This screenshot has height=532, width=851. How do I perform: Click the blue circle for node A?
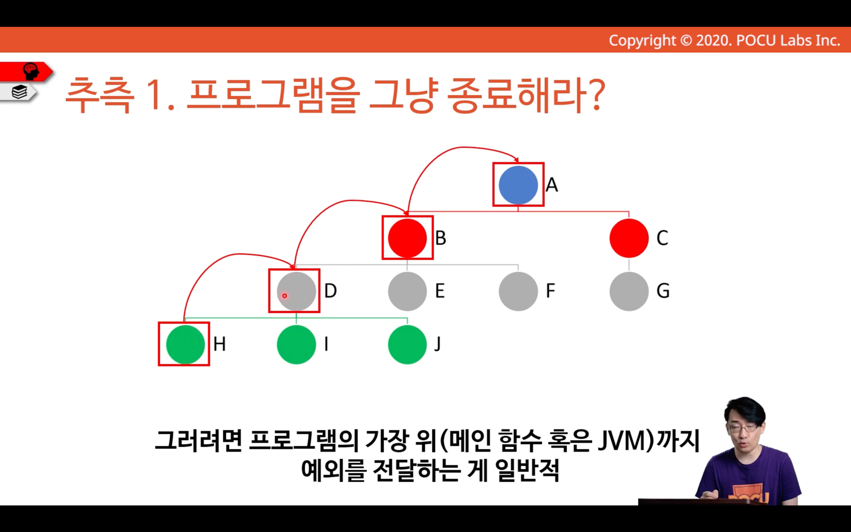click(x=518, y=185)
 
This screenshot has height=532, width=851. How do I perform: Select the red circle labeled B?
click(x=407, y=238)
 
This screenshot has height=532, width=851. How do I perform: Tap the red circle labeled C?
click(x=629, y=238)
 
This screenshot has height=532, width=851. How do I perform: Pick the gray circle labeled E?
click(x=407, y=292)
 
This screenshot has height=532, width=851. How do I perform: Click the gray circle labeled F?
click(x=518, y=292)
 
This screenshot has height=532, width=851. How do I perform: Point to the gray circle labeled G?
click(x=629, y=292)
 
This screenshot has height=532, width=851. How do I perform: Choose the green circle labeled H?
click(x=185, y=345)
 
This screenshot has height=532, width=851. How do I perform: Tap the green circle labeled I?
click(x=296, y=345)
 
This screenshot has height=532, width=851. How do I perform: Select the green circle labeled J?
click(x=407, y=345)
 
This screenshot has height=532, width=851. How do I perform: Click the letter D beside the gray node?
click(x=330, y=291)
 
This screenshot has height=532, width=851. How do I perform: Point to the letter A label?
click(x=552, y=185)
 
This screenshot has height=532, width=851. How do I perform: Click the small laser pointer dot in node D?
click(x=284, y=296)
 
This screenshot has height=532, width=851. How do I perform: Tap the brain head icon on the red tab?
click(x=31, y=71)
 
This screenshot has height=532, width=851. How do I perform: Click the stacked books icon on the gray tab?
click(x=19, y=92)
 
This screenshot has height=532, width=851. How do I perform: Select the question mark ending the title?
click(x=594, y=94)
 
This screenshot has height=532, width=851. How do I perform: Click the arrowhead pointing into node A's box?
click(x=516, y=159)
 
